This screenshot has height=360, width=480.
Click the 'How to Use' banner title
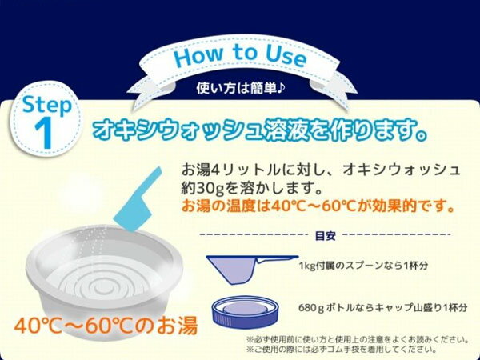tap(240, 58)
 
